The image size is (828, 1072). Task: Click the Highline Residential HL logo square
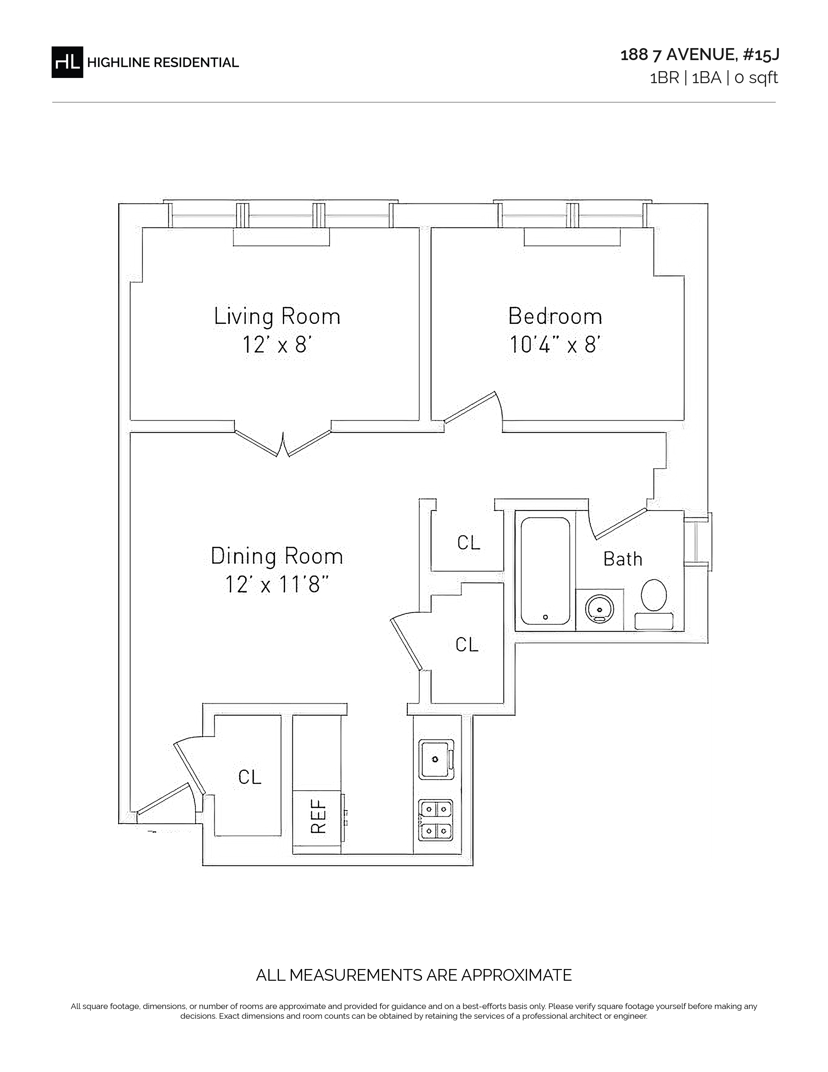[67, 62]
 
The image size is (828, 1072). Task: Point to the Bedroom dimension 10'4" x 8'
[555, 345]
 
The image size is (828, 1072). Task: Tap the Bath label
[622, 559]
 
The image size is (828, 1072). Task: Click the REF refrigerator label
[319, 817]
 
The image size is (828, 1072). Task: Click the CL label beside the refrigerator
[250, 777]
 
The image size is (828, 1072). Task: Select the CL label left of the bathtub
[469, 542]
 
